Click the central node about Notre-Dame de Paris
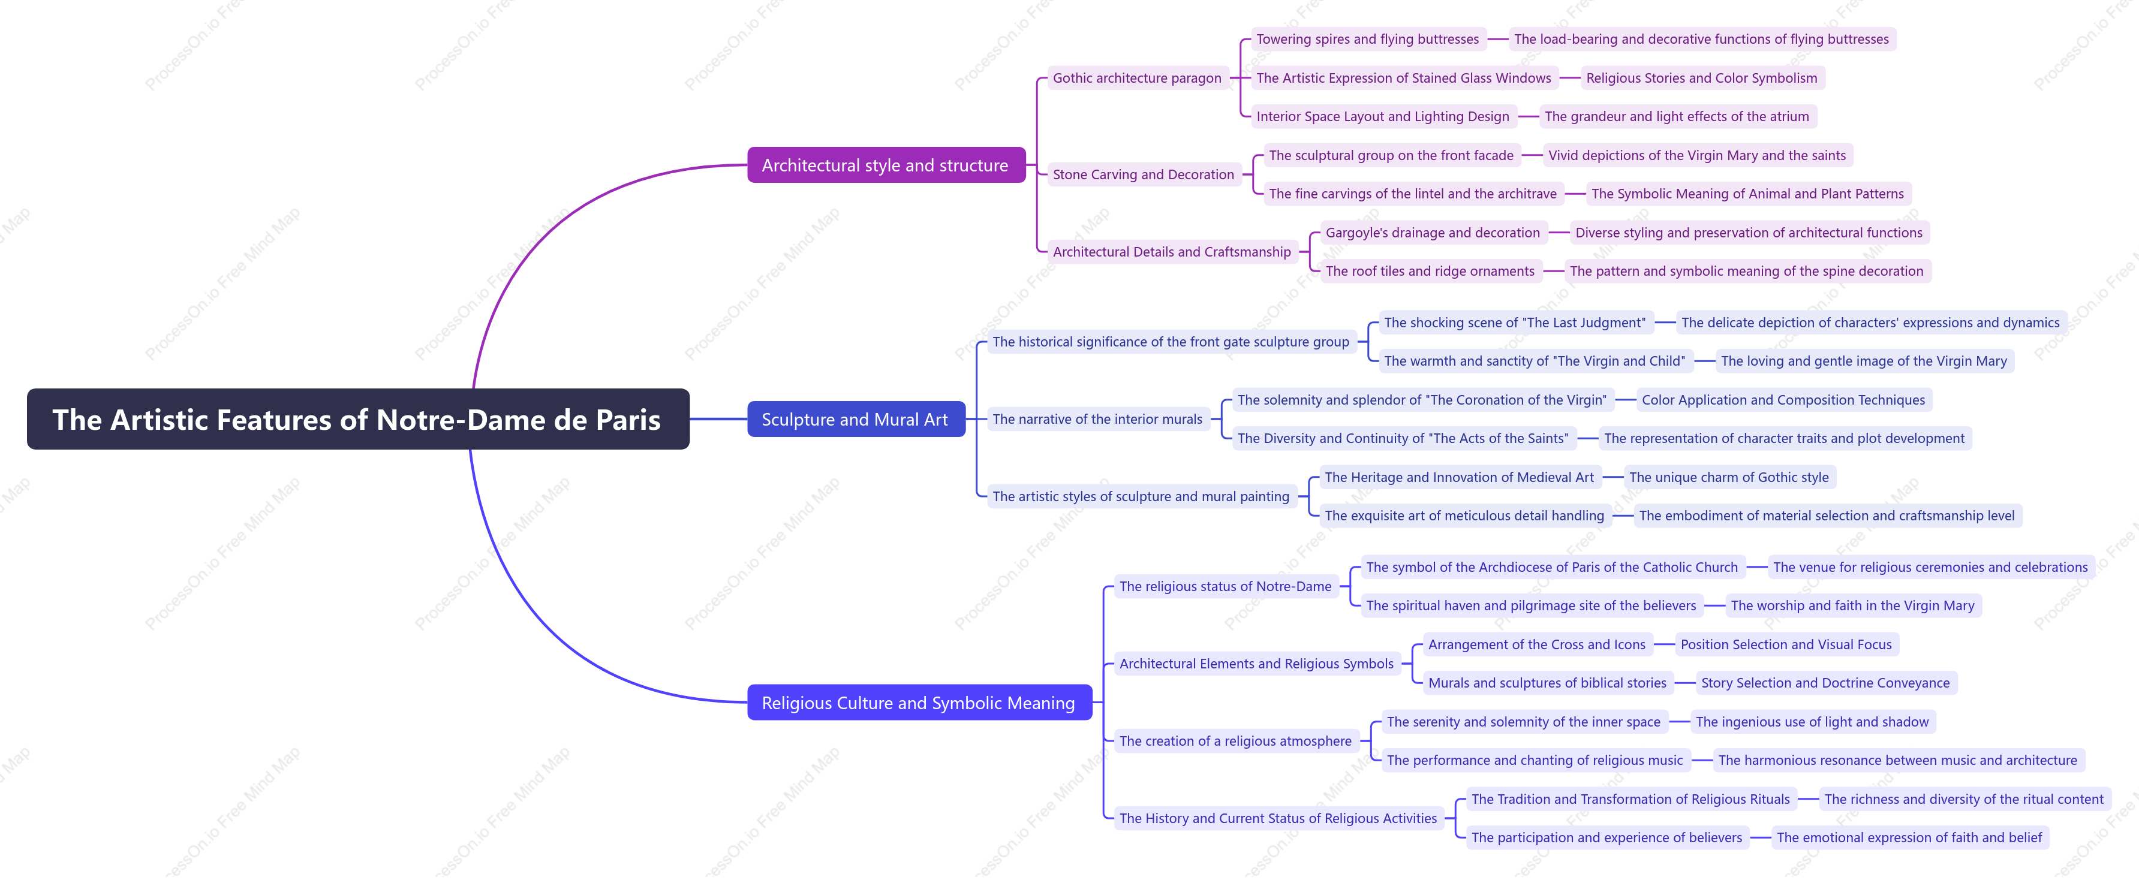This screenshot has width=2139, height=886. pos(358,420)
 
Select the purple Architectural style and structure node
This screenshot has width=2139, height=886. pos(886,165)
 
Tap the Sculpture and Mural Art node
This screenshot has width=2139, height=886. pos(855,420)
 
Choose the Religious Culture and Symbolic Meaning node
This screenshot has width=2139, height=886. pos(919,703)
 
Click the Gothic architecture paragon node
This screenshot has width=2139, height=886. pos(1138,78)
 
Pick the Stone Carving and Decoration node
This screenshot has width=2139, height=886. pos(1144,174)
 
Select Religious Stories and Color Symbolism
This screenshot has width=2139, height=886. pos(1701,78)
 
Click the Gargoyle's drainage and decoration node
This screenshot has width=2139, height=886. pos(1433,233)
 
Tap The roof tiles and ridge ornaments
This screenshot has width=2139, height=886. pos(1430,271)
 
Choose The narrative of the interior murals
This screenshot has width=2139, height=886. pos(1097,420)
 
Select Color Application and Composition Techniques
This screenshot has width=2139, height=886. pos(1783,399)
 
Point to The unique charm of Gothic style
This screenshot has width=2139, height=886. pos(1729,477)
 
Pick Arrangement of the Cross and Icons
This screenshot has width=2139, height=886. pos(1537,644)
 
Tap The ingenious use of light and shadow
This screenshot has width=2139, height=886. pos(1812,722)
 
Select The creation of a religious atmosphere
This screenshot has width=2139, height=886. pos(1235,741)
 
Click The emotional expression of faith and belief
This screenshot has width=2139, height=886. pos(1909,837)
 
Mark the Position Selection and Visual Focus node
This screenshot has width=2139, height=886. pos(1786,644)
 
